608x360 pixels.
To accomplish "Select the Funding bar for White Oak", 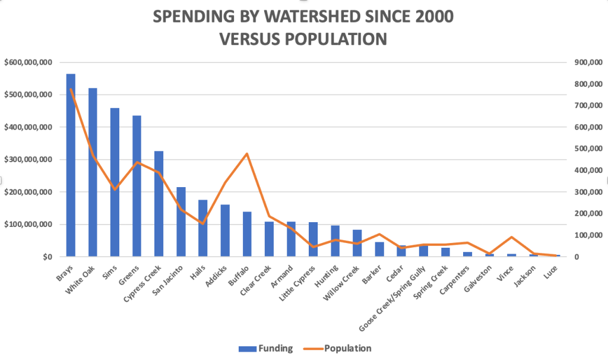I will (93, 172).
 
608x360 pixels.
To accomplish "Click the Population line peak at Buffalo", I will (247, 154).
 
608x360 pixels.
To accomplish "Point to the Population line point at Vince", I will (512, 237).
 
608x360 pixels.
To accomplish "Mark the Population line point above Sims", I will (115, 189).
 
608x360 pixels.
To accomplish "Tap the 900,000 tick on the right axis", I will (582, 62).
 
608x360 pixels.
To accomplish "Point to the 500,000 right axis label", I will (582, 149).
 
